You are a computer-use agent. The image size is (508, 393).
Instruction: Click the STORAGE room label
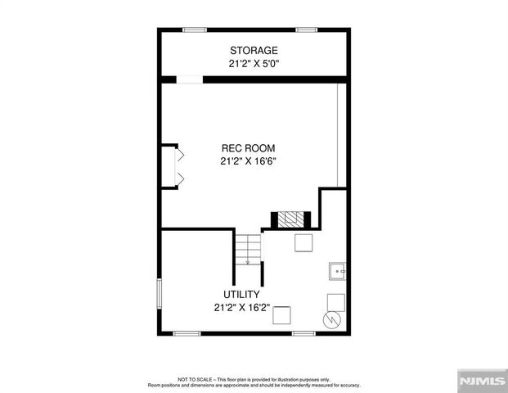[254, 51]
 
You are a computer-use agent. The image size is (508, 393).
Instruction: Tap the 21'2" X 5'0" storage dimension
[254, 63]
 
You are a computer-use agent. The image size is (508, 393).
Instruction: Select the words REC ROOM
[248, 148]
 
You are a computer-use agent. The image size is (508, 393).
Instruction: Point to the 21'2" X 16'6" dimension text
[248, 161]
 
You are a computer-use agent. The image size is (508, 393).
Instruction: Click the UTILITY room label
[242, 295]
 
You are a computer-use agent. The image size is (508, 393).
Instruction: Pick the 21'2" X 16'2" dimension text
[242, 308]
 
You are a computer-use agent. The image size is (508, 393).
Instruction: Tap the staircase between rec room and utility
[248, 249]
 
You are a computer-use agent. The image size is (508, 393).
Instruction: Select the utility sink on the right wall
[337, 270]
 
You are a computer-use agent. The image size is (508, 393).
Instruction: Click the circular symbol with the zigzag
[332, 319]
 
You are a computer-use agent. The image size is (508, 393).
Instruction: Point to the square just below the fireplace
[302, 242]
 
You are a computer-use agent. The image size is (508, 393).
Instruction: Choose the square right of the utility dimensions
[282, 315]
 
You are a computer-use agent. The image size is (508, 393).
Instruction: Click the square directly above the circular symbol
[336, 300]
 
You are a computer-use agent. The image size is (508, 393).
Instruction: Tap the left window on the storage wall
[194, 30]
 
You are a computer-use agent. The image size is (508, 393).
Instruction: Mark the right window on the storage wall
[307, 30]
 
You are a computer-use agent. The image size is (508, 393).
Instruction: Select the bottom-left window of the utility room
[187, 333]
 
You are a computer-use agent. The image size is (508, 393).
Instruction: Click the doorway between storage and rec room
[190, 79]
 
